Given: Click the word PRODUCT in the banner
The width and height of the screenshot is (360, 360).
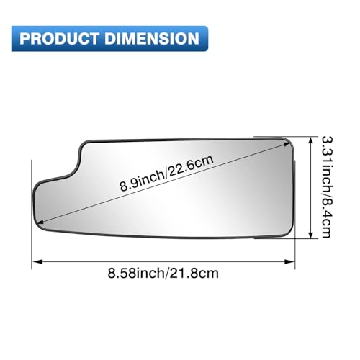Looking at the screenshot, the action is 59,38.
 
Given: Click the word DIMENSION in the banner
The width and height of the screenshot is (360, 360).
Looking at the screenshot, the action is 152,38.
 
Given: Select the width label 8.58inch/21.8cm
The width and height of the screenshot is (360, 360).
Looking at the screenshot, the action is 163,273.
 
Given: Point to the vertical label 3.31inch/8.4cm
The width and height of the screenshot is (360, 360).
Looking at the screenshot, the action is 327,187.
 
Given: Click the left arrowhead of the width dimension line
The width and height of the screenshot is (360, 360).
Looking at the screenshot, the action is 37,261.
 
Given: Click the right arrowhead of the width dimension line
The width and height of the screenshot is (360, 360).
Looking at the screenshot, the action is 289,261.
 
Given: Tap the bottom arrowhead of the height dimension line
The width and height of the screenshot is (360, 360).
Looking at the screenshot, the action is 311,234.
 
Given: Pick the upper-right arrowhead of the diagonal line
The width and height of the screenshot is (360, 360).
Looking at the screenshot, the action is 287,144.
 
